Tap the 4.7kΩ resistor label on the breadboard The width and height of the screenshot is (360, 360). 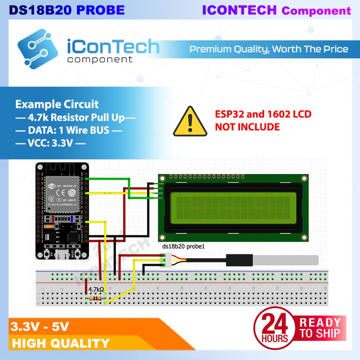(x=96, y=290)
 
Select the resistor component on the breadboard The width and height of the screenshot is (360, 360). (x=96, y=298)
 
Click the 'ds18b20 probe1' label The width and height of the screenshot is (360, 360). (x=183, y=247)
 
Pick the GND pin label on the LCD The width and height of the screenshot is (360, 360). (x=161, y=184)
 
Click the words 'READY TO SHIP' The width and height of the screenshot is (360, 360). (x=320, y=328)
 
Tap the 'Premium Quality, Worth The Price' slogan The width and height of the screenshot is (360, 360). (x=269, y=49)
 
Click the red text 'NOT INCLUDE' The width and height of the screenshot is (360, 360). (x=247, y=127)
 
